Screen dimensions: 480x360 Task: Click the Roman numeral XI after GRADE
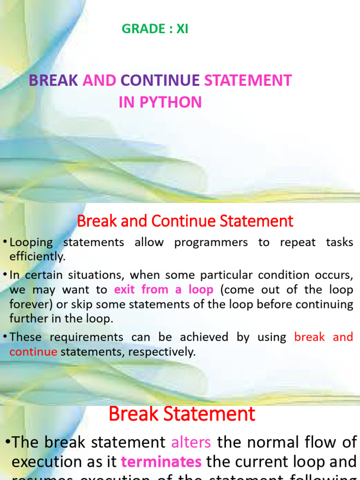click(182, 29)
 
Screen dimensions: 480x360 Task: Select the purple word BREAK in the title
click(53, 81)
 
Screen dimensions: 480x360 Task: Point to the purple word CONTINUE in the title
click(160, 81)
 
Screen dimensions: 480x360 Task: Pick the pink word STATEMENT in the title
click(248, 81)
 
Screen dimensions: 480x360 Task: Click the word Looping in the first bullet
click(32, 242)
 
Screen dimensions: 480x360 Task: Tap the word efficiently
click(37, 257)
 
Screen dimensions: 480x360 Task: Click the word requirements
click(87, 337)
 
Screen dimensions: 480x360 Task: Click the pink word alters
click(191, 442)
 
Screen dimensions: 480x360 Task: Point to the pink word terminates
click(161, 462)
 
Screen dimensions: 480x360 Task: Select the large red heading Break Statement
click(182, 414)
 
